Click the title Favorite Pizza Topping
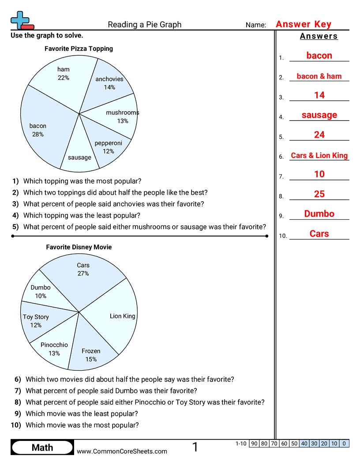79,49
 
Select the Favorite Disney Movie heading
79,247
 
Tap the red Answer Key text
303,24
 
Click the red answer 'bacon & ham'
319,76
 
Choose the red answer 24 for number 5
319,135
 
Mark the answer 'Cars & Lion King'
319,155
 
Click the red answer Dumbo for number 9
319,214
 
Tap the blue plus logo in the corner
20,20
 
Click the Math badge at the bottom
42,447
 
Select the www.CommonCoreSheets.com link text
122,451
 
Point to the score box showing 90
254,443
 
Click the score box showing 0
344,443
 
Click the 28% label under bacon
38,134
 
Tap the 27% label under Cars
83,274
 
